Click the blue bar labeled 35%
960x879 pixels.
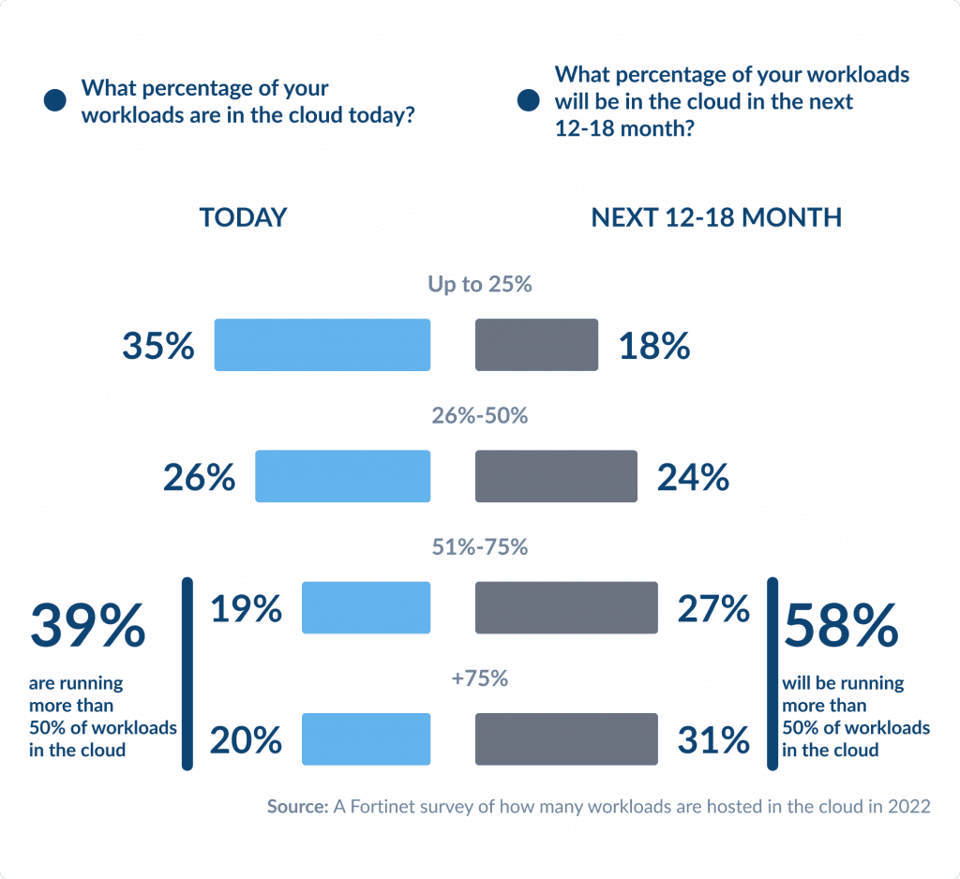[322, 345]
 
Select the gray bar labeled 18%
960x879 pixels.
[536, 345]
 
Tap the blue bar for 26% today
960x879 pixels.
[342, 476]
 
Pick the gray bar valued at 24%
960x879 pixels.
[556, 476]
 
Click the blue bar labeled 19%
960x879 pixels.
[366, 607]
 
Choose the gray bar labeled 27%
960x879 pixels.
[566, 607]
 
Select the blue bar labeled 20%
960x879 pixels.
[366, 738]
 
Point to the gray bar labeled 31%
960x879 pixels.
[566, 738]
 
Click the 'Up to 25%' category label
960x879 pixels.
[480, 284]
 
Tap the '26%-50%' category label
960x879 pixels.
[480, 415]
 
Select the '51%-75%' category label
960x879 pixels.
[480, 546]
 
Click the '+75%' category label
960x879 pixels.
[480, 678]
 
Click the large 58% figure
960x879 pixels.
[841, 626]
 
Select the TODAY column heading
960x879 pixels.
[243, 217]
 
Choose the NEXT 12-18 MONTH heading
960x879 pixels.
[716, 217]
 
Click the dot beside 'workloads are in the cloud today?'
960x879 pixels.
[54, 101]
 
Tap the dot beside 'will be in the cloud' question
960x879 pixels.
[529, 101]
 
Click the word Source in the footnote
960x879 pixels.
[297, 807]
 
